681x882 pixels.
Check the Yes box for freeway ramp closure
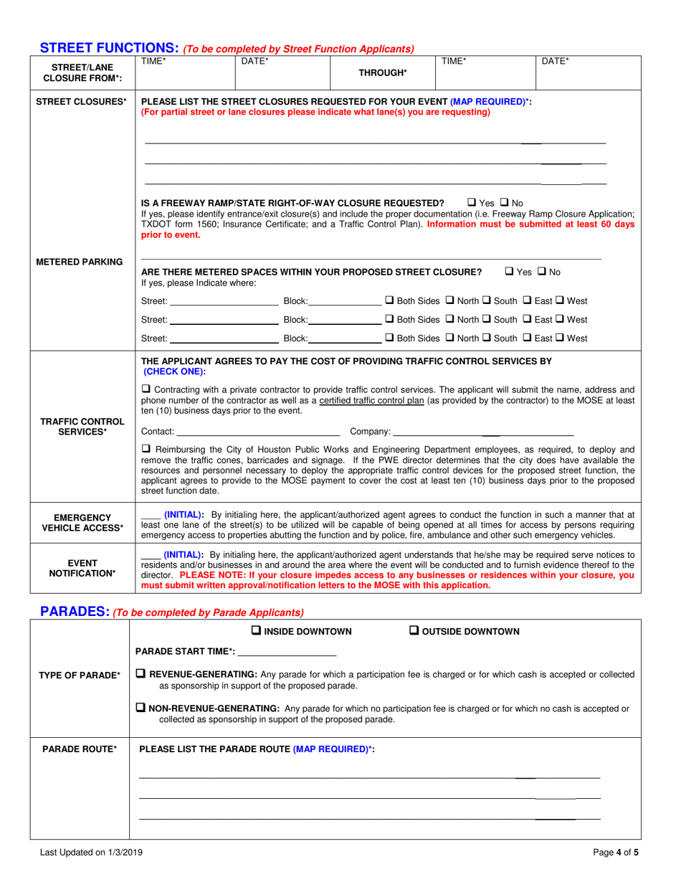472,203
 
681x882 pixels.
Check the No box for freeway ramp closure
504,203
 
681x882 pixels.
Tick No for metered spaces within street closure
541,272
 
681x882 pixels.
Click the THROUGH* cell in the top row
383,72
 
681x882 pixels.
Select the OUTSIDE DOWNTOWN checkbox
414,631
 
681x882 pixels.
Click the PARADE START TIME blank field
287,651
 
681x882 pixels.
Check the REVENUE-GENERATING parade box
141,674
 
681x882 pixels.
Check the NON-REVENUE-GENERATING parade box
141,708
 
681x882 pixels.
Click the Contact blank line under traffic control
257,431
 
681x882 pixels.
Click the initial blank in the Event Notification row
151,554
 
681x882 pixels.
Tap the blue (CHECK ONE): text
174,371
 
